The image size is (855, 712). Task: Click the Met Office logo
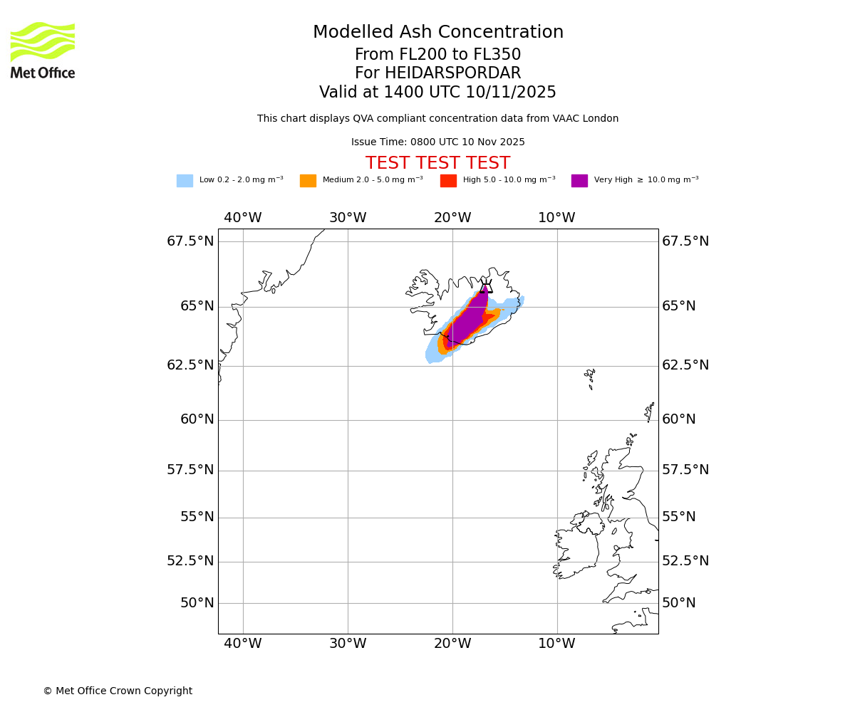(43, 50)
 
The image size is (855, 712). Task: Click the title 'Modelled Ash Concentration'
(437, 33)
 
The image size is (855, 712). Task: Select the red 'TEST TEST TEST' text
(437, 163)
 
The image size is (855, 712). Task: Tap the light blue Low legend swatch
(185, 181)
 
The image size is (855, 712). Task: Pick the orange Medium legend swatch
(308, 181)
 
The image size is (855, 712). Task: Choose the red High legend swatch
(448, 181)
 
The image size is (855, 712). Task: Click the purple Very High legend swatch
(579, 181)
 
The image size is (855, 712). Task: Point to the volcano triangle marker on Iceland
(486, 287)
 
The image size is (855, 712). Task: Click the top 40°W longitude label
(243, 218)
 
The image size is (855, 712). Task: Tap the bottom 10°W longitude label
(556, 644)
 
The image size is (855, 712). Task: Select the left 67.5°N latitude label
(190, 241)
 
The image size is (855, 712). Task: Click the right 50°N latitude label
(678, 603)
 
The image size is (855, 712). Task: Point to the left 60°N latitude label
(197, 419)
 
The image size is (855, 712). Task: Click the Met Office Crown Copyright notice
(118, 691)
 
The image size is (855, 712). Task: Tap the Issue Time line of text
(437, 142)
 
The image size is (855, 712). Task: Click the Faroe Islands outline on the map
(590, 377)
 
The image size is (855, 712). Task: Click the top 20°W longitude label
(452, 218)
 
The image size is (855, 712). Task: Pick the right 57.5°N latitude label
(685, 470)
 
